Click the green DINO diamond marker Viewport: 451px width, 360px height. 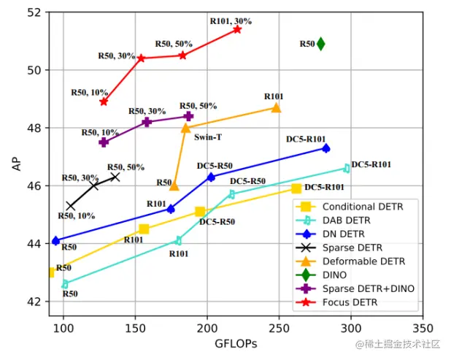point(320,44)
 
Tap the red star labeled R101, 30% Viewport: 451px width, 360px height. point(237,29)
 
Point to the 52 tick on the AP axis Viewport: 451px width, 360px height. point(35,12)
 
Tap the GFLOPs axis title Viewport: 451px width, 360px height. point(236,343)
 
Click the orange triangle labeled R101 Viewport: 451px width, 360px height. point(276,108)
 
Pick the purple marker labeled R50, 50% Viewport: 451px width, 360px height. point(188,116)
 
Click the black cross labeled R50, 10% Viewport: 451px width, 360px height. point(71,206)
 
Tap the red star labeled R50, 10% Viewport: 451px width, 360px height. point(104,102)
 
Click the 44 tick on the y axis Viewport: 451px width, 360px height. point(35,243)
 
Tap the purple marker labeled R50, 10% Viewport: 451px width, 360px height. point(104,142)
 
